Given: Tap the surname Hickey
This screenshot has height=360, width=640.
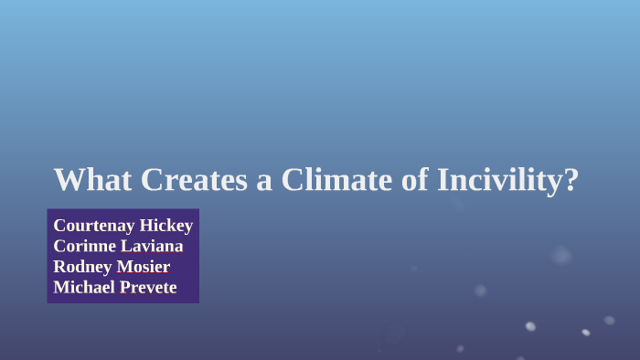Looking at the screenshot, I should [166, 225].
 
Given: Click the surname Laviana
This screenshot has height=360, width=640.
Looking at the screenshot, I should [154, 246].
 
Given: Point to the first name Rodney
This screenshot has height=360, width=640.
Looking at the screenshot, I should [82, 266].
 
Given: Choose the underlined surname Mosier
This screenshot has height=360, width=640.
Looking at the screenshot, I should [144, 266].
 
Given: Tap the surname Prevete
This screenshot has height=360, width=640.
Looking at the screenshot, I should [150, 287].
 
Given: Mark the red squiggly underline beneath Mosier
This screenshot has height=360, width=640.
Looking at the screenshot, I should [144, 274].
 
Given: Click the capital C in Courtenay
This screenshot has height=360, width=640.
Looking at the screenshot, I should [59, 225].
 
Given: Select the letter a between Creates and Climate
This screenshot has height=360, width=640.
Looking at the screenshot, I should [264, 180].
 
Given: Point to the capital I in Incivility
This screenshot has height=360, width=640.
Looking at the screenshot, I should [442, 179].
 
